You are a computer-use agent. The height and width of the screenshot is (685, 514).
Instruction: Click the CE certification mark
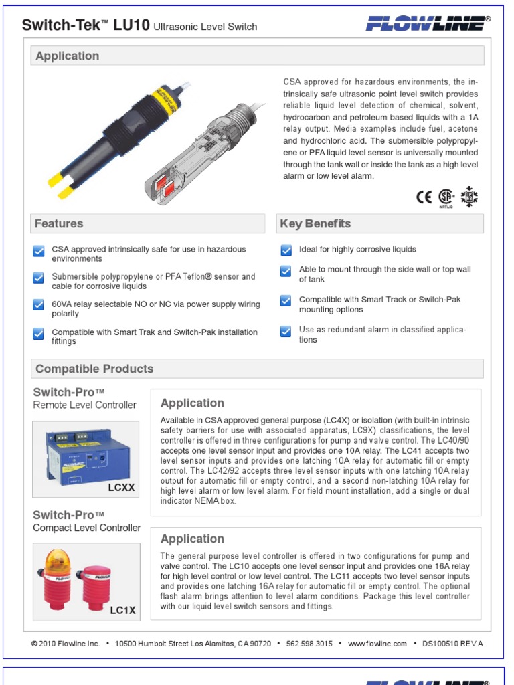click(x=424, y=197)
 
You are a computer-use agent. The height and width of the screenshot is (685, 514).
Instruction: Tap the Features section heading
click(x=59, y=224)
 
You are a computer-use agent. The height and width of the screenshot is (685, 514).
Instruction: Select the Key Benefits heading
click(x=315, y=224)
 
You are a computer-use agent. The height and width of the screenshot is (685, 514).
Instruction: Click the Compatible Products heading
click(x=94, y=369)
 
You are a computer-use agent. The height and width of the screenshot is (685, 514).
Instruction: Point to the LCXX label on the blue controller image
click(x=121, y=488)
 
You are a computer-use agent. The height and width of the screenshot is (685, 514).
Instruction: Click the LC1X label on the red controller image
click(x=122, y=610)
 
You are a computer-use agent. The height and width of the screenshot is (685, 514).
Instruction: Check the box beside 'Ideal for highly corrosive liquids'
click(x=286, y=250)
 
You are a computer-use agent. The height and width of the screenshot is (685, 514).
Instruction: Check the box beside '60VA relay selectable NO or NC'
click(x=39, y=305)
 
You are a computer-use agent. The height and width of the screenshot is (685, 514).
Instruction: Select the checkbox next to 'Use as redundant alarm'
click(x=286, y=331)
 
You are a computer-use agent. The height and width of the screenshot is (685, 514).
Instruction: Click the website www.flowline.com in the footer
click(x=377, y=644)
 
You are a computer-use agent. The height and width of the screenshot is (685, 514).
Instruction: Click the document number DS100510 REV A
click(x=452, y=644)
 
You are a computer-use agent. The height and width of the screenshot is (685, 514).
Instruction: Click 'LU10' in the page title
click(x=132, y=25)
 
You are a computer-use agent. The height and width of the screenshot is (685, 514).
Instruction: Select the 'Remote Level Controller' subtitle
click(x=84, y=405)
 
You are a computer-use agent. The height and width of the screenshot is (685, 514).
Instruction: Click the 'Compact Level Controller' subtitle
click(x=87, y=528)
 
